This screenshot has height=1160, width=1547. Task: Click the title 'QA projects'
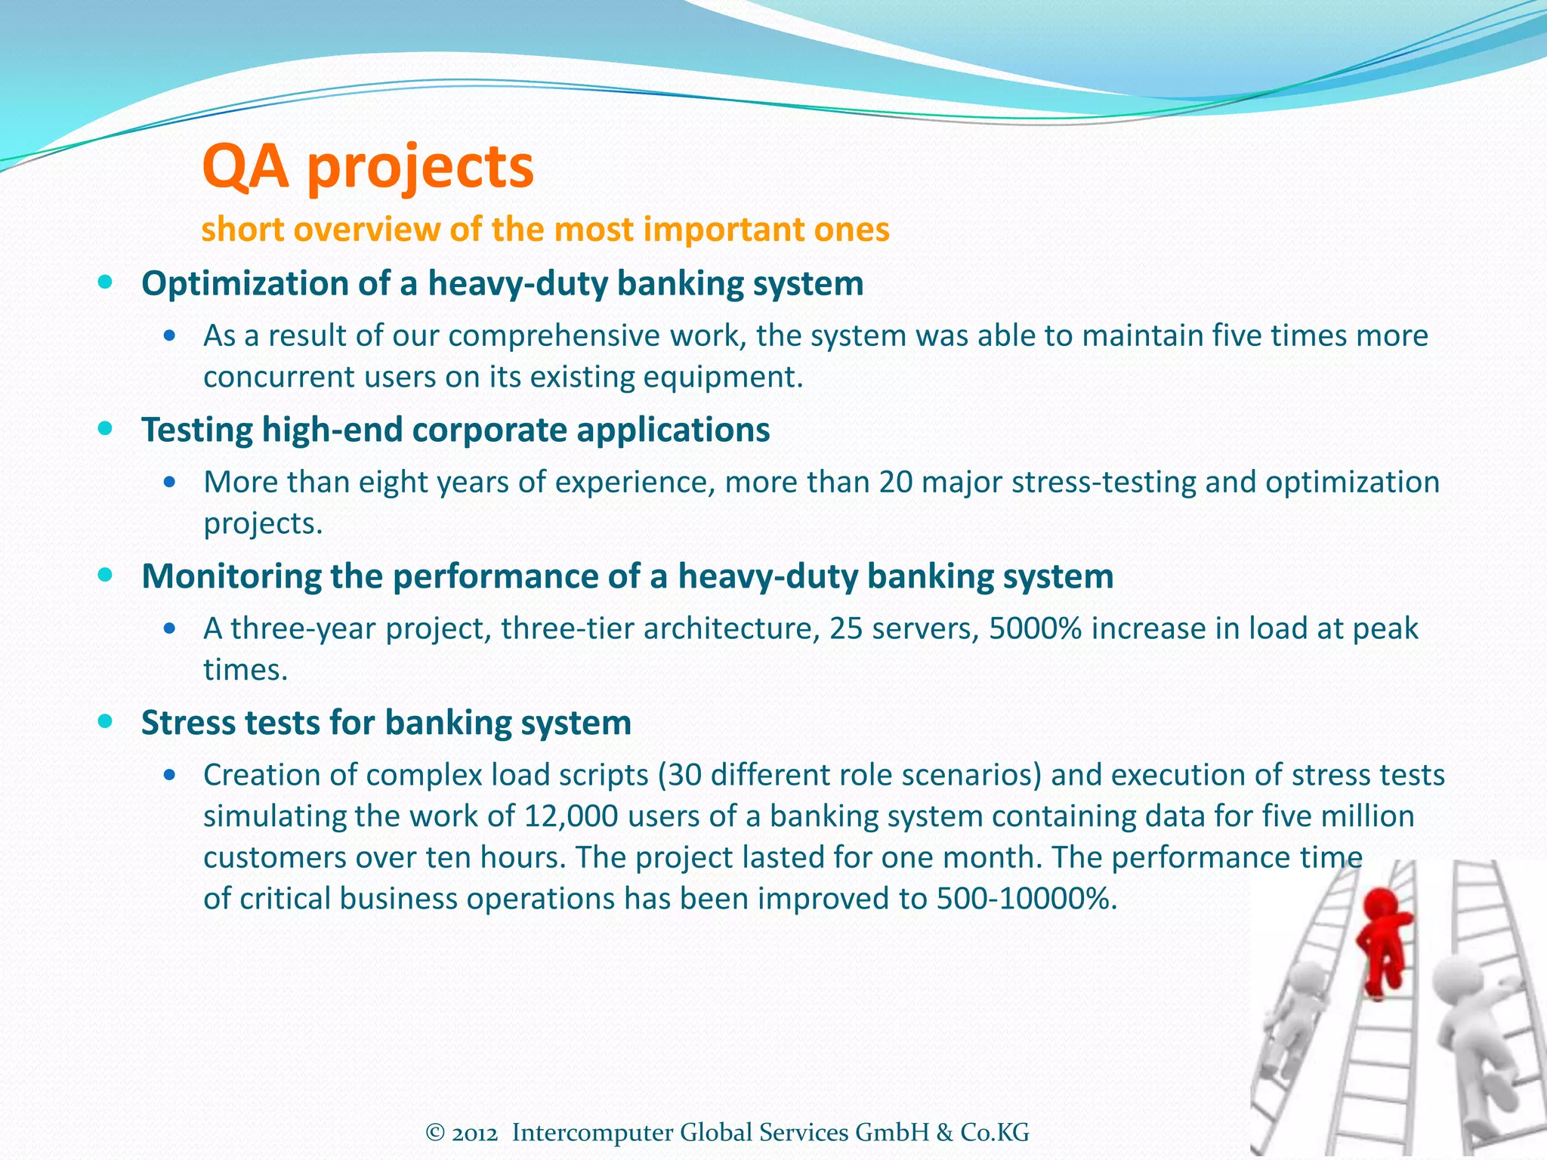(x=368, y=167)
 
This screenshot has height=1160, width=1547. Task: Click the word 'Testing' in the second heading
(x=197, y=430)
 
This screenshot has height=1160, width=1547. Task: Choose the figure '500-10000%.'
(x=1026, y=899)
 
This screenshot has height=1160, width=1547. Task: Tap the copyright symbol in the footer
(x=435, y=1133)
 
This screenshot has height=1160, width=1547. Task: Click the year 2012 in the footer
(x=475, y=1133)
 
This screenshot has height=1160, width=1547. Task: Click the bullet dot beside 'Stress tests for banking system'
(x=106, y=722)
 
